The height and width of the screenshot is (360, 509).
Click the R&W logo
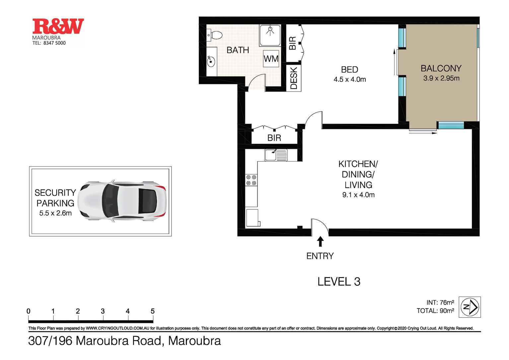pos(58,27)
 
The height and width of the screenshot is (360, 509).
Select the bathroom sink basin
pos(210,61)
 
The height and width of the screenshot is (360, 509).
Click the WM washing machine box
pos(271,59)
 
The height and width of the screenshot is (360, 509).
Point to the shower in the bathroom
pos(270,35)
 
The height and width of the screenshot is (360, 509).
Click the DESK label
pos(294,78)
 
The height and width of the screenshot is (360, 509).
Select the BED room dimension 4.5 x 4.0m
pos(349,79)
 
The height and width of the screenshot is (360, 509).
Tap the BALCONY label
pos(441,68)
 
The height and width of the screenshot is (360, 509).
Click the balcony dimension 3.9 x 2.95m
pos(441,78)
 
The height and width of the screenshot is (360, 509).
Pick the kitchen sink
pos(276,155)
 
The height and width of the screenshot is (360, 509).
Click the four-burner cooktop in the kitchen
pos(251,180)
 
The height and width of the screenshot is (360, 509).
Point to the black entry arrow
pos(320,241)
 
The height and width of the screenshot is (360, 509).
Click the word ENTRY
pos(320,256)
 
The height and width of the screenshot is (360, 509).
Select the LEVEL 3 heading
pos(339,282)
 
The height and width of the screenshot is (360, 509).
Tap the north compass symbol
pos(470,307)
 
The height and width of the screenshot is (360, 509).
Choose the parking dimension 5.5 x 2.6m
pos(55,213)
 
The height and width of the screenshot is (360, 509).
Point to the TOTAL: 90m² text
pos(435,311)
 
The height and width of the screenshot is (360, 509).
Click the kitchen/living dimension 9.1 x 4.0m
pos(358,195)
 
